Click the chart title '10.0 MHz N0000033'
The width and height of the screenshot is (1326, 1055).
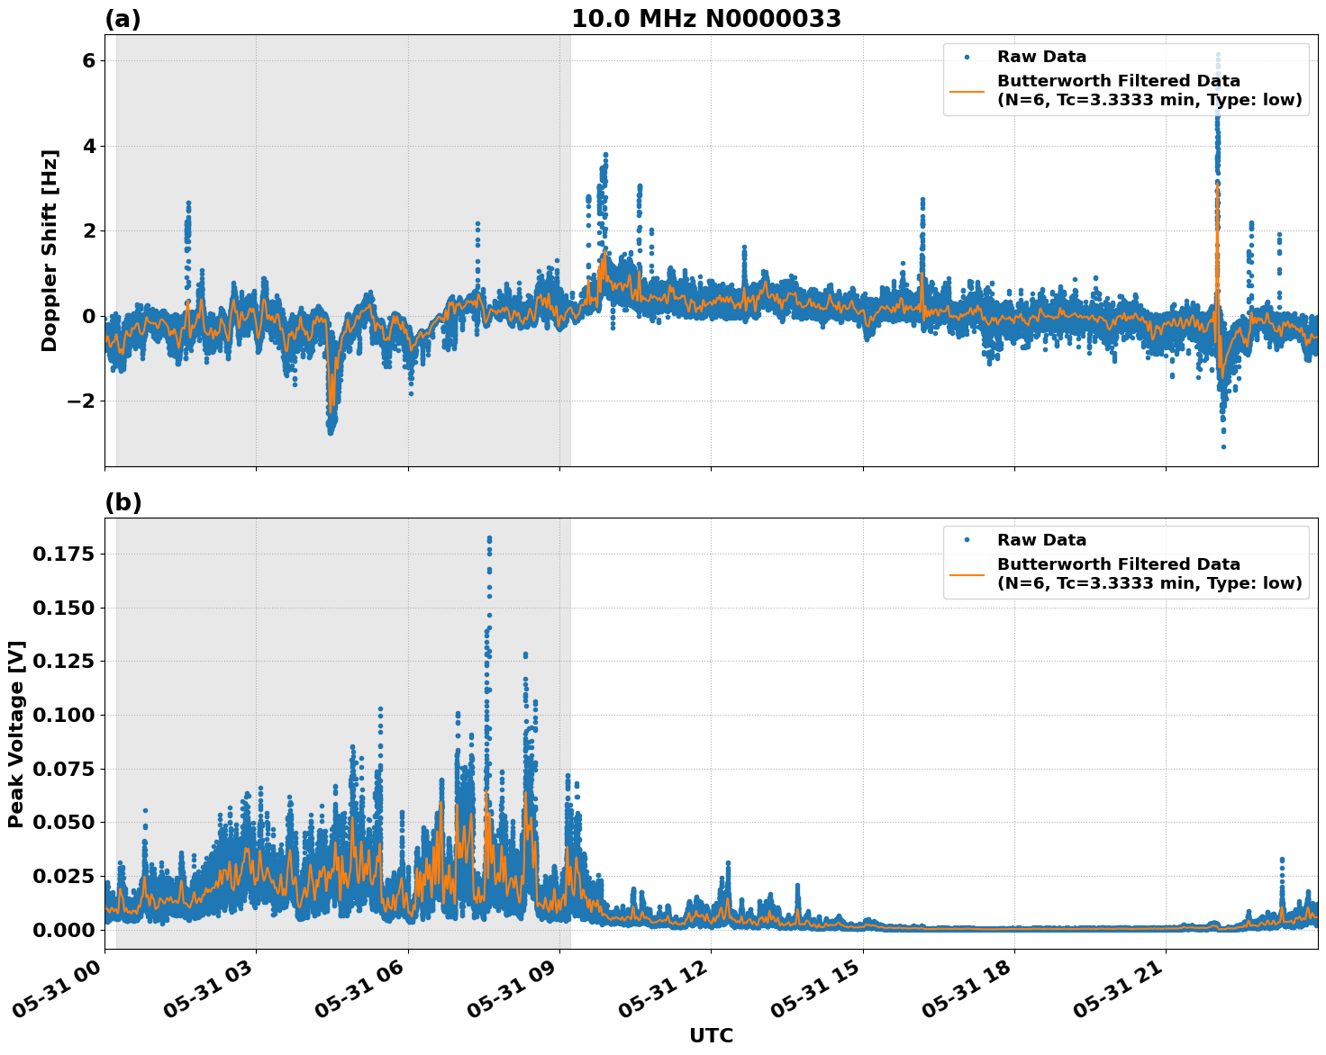(x=706, y=19)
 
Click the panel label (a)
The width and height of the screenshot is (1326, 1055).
(x=123, y=19)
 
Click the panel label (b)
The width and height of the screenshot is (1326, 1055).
(x=123, y=502)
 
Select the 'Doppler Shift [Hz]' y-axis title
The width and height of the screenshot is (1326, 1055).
(x=50, y=250)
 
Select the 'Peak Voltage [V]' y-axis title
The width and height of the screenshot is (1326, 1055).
(x=15, y=734)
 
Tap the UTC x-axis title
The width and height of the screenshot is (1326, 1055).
(x=711, y=1035)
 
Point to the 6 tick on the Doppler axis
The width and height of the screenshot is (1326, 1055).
(x=88, y=60)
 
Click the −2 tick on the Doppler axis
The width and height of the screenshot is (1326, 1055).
(x=81, y=401)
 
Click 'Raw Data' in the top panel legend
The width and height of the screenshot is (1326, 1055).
(x=1041, y=57)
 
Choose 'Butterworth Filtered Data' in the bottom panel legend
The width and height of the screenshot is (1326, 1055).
(x=1118, y=564)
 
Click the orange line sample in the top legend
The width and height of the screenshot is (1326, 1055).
(x=967, y=90)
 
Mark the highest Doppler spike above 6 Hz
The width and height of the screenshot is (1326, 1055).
(x=1218, y=56)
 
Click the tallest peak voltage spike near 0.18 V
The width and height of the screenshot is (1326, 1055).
(x=489, y=539)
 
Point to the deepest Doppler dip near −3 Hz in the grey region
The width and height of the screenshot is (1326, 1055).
(x=331, y=430)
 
